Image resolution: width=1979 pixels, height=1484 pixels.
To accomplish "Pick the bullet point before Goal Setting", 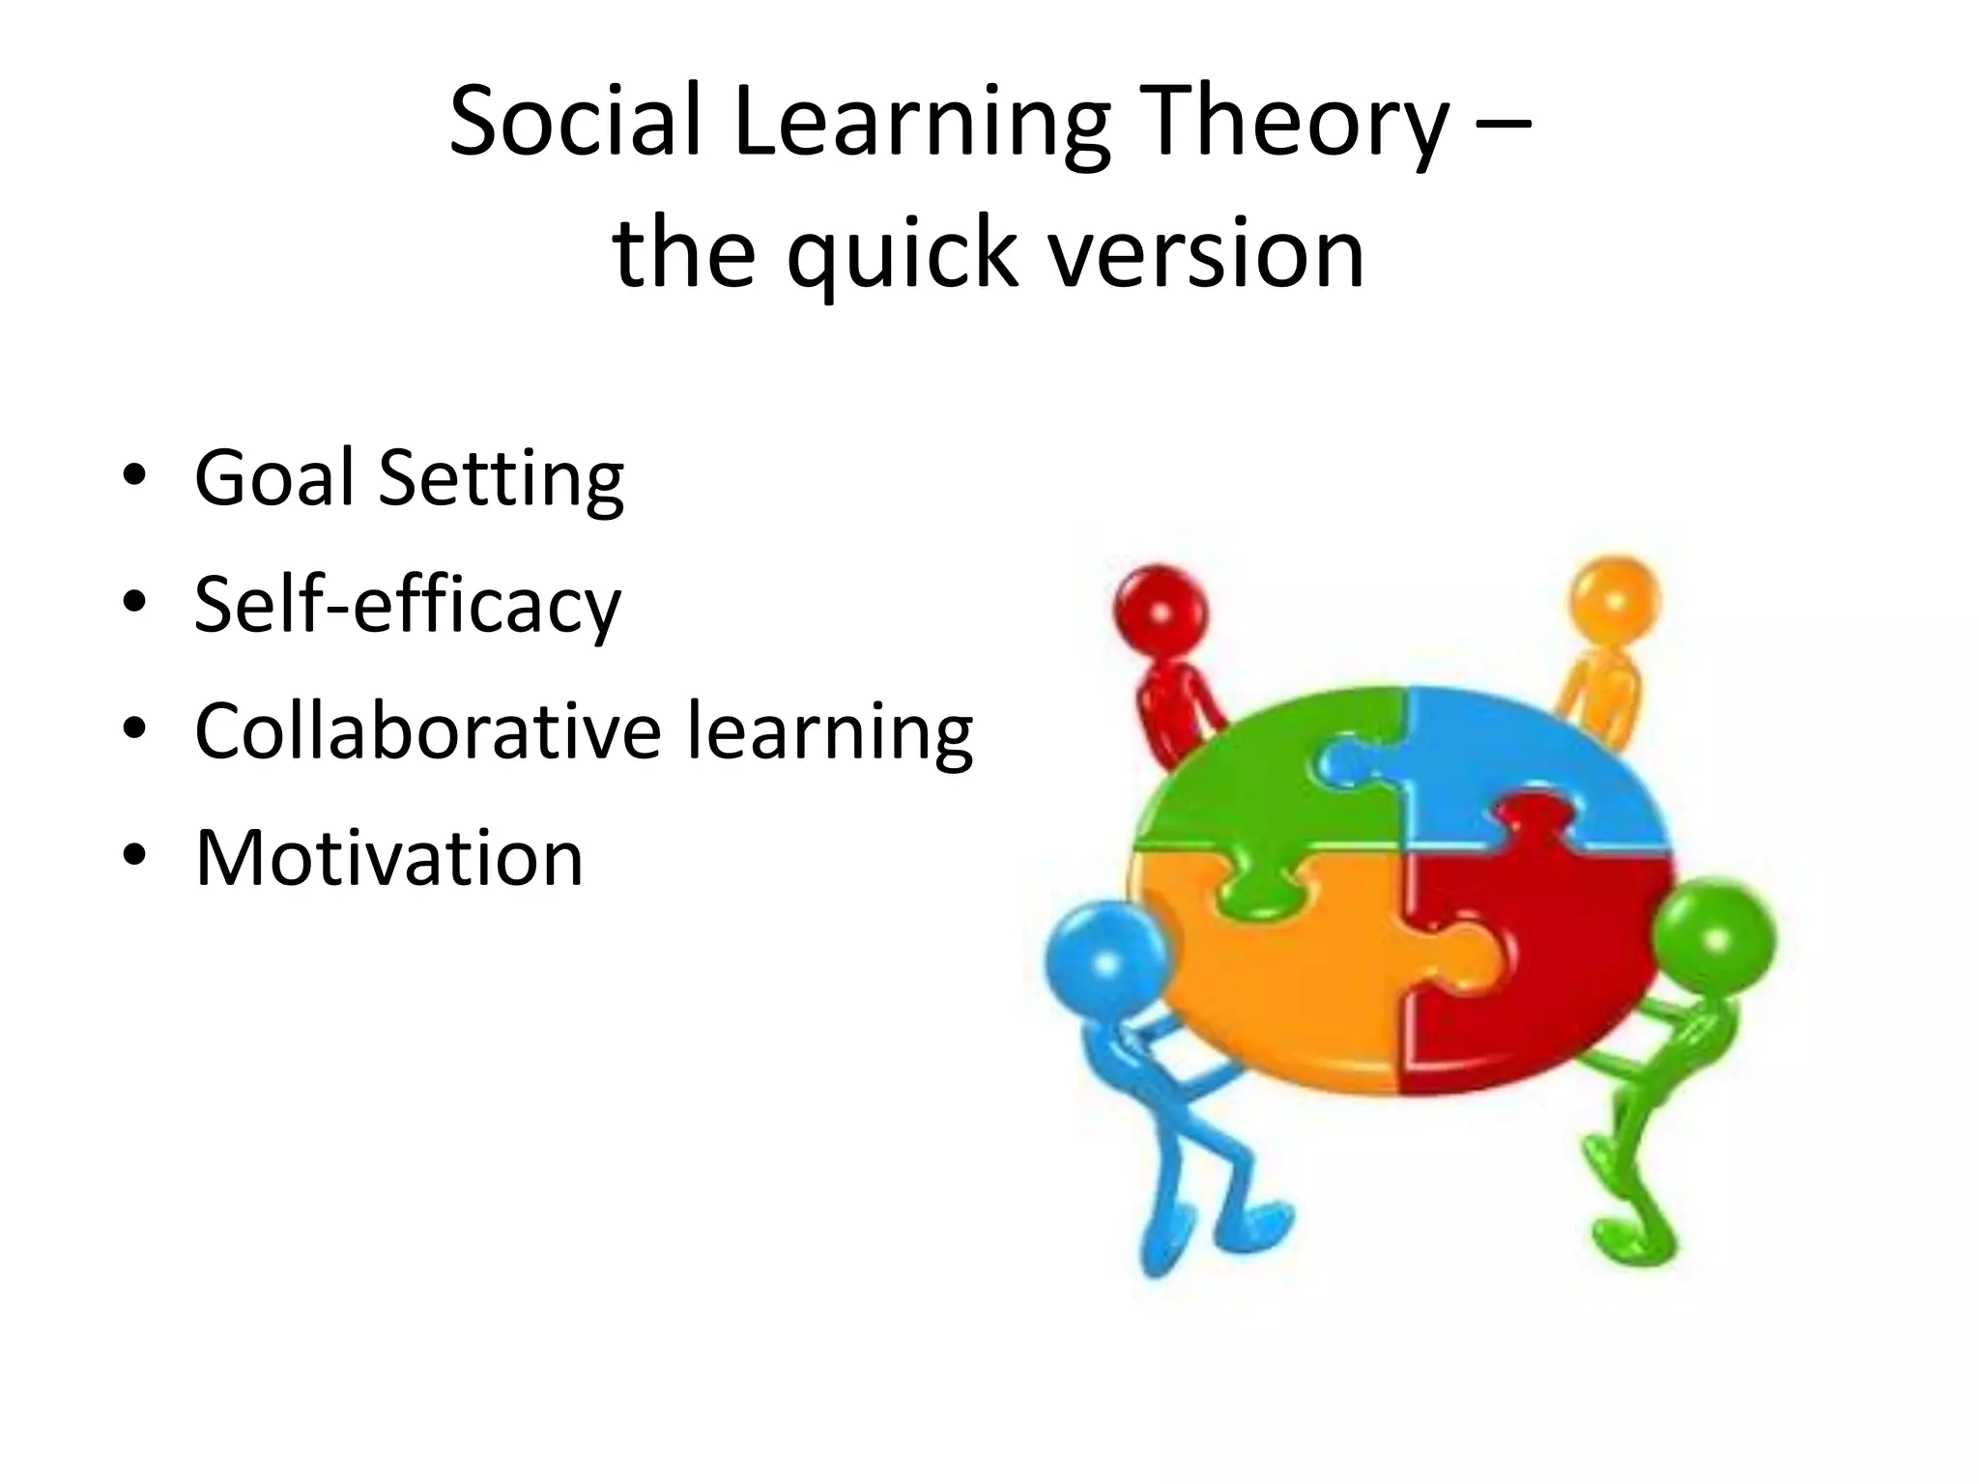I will (134, 475).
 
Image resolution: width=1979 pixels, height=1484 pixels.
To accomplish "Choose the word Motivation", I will (388, 858).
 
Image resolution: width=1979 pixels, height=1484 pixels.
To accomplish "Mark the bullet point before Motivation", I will (134, 855).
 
